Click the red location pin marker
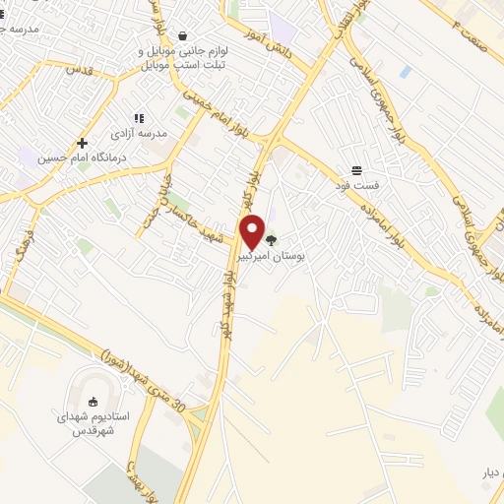[253, 231]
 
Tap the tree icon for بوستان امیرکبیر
[272, 238]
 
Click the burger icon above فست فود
[355, 169]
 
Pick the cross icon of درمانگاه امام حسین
[82, 143]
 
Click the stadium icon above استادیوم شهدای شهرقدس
[94, 402]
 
